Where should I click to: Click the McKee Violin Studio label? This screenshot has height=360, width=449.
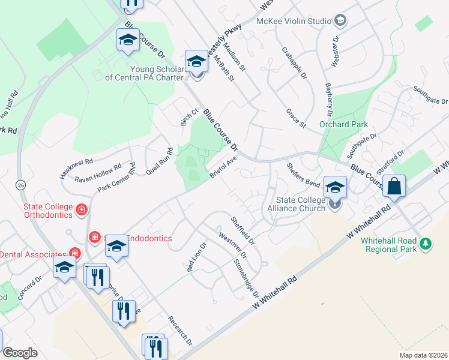pyautogui.click(x=294, y=21)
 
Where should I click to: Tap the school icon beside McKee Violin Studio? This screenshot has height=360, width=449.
pyautogui.click(x=340, y=21)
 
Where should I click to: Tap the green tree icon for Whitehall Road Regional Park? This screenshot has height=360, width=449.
pyautogui.click(x=426, y=243)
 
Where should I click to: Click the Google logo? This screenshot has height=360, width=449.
pyautogui.click(x=20, y=352)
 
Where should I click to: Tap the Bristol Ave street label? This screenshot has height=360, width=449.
pyautogui.click(x=224, y=167)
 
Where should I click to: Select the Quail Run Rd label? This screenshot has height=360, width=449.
pyautogui.click(x=159, y=161)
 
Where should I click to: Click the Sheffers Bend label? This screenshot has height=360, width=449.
pyautogui.click(x=303, y=174)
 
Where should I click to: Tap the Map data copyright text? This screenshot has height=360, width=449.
pyautogui.click(x=423, y=355)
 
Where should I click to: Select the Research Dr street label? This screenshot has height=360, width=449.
pyautogui.click(x=180, y=331)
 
